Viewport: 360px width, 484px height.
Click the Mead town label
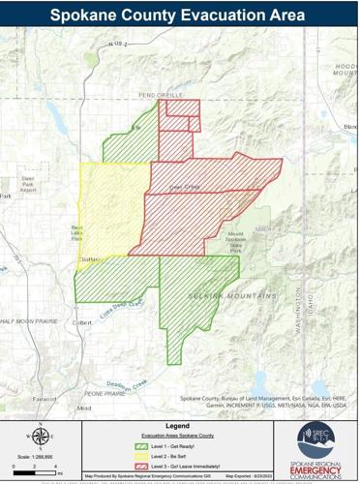[x=85, y=408]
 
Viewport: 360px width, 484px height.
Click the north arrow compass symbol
[x=39, y=437]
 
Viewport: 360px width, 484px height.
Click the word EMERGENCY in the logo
[x=318, y=464]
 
